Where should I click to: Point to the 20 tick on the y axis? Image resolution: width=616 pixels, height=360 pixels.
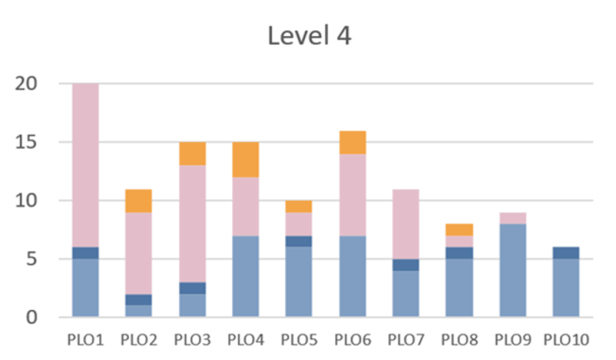pyautogui.click(x=26, y=84)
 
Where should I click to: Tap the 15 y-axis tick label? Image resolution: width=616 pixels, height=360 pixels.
pyautogui.click(x=26, y=142)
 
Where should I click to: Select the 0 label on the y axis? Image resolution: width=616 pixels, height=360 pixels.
pyautogui.click(x=33, y=317)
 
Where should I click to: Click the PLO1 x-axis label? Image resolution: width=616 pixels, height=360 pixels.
pyautogui.click(x=86, y=341)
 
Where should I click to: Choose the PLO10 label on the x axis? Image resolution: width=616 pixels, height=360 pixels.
pyautogui.click(x=566, y=341)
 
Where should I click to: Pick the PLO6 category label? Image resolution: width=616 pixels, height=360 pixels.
pyautogui.click(x=352, y=341)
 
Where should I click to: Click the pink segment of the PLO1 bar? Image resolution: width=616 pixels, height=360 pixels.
pyautogui.click(x=86, y=165)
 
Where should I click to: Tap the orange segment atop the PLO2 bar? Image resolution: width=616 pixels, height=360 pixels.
pyautogui.click(x=139, y=201)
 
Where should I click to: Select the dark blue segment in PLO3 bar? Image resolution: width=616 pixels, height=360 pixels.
pyautogui.click(x=192, y=288)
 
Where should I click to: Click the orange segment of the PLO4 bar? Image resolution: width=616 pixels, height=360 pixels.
pyautogui.click(x=246, y=160)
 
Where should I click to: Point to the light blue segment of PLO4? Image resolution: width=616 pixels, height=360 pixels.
pyautogui.click(x=246, y=276)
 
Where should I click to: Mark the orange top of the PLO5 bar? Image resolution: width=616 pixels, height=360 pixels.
pyautogui.click(x=299, y=207)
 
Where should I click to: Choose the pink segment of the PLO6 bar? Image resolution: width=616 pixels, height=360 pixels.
pyautogui.click(x=352, y=195)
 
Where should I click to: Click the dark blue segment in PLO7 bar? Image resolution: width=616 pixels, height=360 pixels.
pyautogui.click(x=406, y=265)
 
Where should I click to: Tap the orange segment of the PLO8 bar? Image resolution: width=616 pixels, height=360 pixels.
pyautogui.click(x=459, y=229)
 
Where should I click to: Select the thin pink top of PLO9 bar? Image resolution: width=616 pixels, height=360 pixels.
pyautogui.click(x=513, y=218)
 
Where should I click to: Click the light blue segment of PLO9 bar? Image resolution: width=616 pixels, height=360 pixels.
pyautogui.click(x=513, y=270)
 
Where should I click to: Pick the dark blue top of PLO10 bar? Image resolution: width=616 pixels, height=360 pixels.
pyautogui.click(x=566, y=253)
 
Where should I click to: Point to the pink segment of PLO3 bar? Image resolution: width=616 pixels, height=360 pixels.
pyautogui.click(x=192, y=224)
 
